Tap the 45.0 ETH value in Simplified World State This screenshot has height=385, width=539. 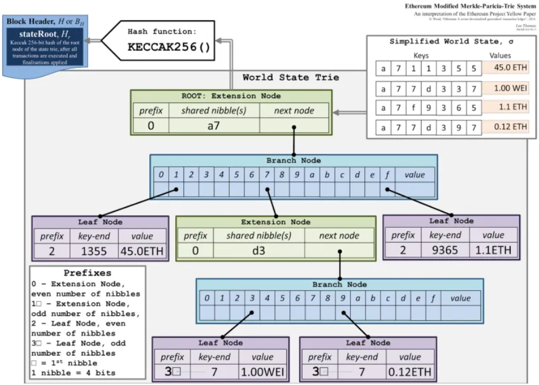(x=506, y=67)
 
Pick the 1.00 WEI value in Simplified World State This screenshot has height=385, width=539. (x=506, y=87)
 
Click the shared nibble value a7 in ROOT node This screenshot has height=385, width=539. (x=213, y=125)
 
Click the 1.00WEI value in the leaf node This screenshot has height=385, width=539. (x=262, y=371)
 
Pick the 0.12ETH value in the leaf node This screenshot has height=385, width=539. (x=410, y=371)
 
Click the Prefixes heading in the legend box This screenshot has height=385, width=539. (x=87, y=273)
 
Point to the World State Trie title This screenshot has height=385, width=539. (x=290, y=78)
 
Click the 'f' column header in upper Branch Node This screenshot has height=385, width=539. (x=387, y=174)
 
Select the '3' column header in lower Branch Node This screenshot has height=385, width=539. (x=252, y=298)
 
